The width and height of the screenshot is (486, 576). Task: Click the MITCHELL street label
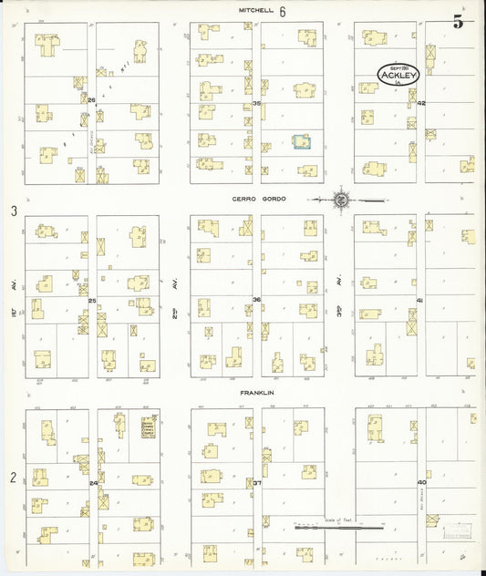point(256,11)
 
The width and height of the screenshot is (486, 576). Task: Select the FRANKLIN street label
point(257,393)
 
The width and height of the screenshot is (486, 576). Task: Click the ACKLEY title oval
point(398,75)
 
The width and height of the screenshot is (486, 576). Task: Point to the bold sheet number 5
point(458,23)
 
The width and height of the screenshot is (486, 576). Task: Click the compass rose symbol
point(339,200)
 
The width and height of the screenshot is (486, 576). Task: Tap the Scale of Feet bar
point(338,527)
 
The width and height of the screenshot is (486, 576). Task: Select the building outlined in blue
point(301,141)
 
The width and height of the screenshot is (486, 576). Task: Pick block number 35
point(257,103)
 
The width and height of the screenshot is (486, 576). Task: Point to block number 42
point(421,103)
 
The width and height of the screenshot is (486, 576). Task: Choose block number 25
point(92,299)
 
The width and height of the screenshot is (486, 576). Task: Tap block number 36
point(257,299)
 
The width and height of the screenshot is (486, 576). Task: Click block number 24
point(93,482)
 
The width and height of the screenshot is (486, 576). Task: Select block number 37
point(257,482)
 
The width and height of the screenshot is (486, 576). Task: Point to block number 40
point(421,482)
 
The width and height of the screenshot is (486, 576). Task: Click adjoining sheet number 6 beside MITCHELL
point(284,12)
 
